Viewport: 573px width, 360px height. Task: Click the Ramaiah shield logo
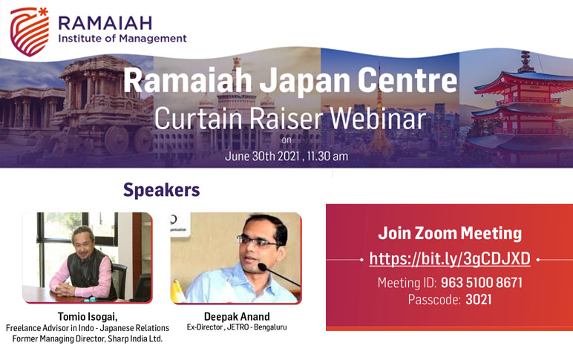click(x=29, y=32)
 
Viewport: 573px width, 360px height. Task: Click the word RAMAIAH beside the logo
click(x=105, y=24)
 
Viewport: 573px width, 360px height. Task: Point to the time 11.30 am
click(x=327, y=156)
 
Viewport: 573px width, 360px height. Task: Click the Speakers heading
click(x=162, y=190)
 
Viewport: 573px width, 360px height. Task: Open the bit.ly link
click(x=450, y=259)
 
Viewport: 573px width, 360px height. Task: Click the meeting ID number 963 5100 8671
click(x=482, y=283)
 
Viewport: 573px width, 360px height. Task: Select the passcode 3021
click(x=478, y=300)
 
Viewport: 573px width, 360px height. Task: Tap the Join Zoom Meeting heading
click(x=450, y=233)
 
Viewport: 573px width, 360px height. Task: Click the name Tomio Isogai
click(x=88, y=316)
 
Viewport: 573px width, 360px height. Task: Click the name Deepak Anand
click(x=237, y=316)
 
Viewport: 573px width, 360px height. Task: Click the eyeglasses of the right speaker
click(x=258, y=241)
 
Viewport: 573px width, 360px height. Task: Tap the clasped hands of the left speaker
click(x=65, y=289)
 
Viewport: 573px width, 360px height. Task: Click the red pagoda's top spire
click(x=525, y=61)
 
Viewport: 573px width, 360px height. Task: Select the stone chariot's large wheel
click(x=117, y=140)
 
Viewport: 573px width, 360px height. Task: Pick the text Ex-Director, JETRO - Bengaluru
click(x=237, y=327)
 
